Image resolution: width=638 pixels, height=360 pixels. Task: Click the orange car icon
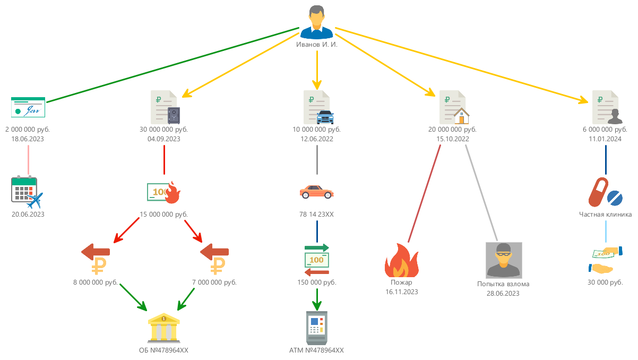317,192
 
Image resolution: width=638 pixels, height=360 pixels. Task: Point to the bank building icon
164,327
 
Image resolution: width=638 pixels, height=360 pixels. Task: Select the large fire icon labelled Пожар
402,261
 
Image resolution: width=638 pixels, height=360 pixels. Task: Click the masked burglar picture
504,260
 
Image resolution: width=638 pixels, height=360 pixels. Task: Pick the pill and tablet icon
605,192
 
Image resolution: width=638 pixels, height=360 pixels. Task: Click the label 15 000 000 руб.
164,215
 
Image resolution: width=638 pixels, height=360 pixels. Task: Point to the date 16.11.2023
402,292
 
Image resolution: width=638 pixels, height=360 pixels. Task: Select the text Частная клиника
605,215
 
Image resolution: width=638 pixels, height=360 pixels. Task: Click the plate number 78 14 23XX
317,215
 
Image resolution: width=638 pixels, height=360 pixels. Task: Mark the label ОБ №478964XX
164,350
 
